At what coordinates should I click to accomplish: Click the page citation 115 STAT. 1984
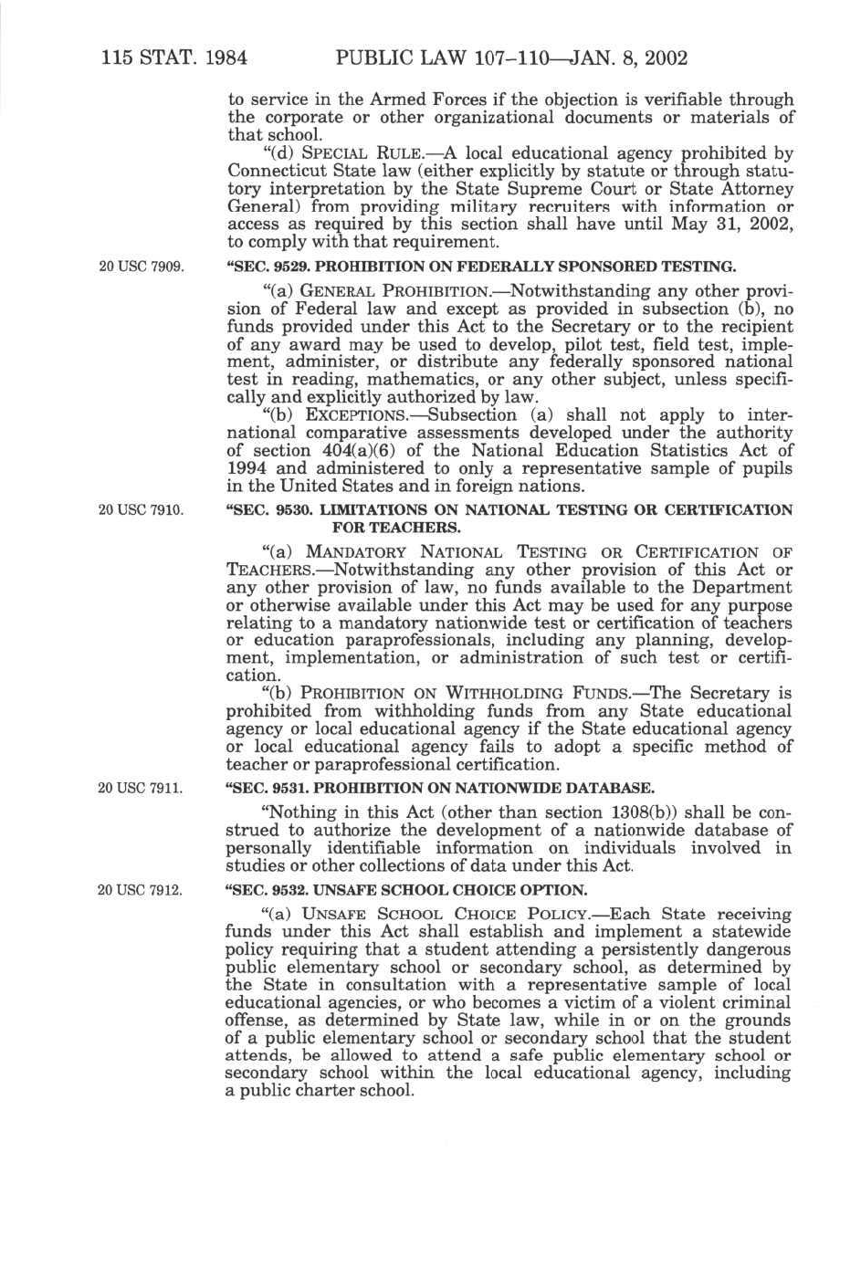[174, 59]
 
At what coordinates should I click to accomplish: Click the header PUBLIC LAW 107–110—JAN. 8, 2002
[511, 59]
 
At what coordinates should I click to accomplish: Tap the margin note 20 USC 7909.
[141, 267]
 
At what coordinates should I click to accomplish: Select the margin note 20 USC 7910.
[141, 510]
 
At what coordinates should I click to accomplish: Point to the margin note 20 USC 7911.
[141, 788]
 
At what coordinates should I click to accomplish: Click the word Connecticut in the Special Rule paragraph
[270, 172]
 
